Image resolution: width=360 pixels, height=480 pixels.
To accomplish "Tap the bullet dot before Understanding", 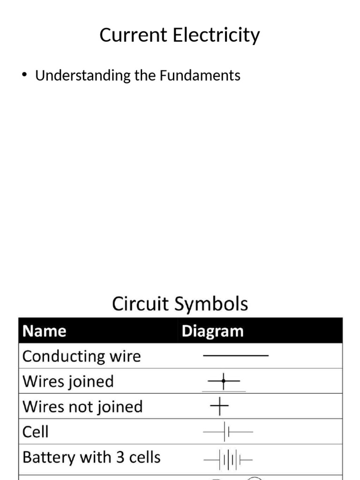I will pyautogui.click(x=25, y=75).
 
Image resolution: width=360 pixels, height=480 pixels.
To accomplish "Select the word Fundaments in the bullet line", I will pyautogui.click(x=200, y=75).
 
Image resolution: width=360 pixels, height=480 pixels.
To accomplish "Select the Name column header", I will pyautogui.click(x=45, y=331).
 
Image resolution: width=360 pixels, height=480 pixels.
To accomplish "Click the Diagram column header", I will pyautogui.click(x=212, y=331).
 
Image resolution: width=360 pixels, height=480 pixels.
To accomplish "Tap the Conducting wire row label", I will pyautogui.click(x=82, y=356).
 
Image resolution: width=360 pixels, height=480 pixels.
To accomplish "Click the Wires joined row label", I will pyautogui.click(x=68, y=382).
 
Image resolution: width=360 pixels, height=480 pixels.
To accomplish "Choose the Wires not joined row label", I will pyautogui.click(x=82, y=406).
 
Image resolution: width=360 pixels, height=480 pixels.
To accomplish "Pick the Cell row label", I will pyautogui.click(x=35, y=432).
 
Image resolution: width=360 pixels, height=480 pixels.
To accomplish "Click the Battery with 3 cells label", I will pyautogui.click(x=91, y=457).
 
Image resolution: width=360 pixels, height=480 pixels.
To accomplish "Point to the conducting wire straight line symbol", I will pyautogui.click(x=235, y=356).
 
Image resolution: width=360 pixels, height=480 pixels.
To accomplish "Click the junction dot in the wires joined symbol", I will pyautogui.click(x=224, y=382).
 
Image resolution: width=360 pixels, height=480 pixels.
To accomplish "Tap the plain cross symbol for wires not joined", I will pyautogui.click(x=219, y=407).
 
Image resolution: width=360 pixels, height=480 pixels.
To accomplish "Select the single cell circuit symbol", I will pyautogui.click(x=228, y=432).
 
